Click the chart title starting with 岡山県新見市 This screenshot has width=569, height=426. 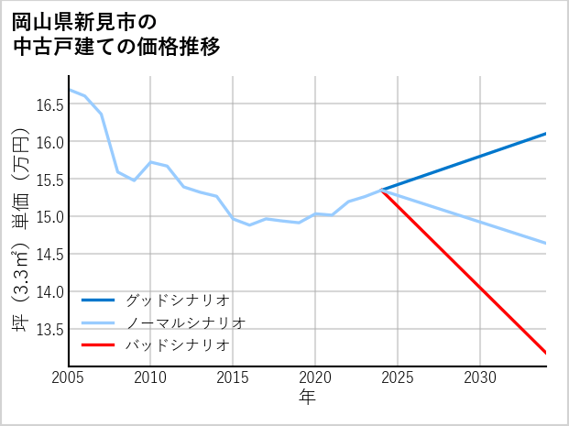(116, 33)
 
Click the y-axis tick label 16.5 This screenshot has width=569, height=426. (49, 104)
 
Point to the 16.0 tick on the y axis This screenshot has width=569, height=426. (49, 142)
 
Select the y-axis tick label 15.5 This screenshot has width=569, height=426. (49, 180)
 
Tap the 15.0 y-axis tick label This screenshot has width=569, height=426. (49, 217)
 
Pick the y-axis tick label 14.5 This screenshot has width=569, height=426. (49, 255)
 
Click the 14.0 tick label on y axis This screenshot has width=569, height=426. (49, 291)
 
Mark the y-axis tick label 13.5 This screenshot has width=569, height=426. (49, 329)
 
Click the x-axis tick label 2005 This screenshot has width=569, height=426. (68, 377)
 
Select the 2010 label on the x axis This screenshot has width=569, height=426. (150, 377)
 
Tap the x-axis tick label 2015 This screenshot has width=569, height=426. (233, 377)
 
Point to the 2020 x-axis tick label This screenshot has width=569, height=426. (315, 377)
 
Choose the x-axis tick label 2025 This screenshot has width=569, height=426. (398, 377)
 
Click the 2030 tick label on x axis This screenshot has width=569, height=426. (480, 377)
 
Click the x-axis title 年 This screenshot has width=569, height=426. (307, 398)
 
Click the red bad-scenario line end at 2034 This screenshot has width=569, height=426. (545, 352)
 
